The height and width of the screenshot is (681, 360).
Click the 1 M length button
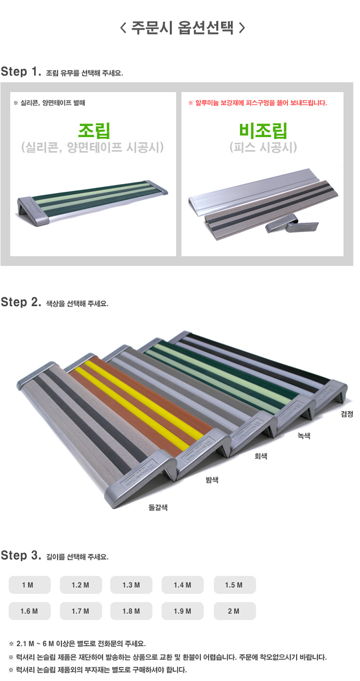pos(30,585)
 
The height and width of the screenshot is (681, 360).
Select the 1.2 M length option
pos(81,585)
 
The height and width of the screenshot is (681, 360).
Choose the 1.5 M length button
pos(235,585)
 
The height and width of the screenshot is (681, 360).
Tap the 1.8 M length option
pos(131,611)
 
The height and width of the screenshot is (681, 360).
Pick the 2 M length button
pos(235,611)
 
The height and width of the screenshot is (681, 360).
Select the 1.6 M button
pos(30,611)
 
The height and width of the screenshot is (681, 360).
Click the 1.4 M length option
pos(182,585)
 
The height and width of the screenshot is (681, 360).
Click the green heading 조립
pos(94,130)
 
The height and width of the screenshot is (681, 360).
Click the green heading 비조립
pos(263,130)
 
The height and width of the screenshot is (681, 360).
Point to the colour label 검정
pos(347,414)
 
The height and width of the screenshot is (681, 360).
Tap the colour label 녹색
pos(304,436)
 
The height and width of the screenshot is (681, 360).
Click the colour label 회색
pos(261,455)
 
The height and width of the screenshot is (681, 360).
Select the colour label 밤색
pos(212,480)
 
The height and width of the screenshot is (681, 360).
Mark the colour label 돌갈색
pos(158,507)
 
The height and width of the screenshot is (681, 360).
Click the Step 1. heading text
pos(21,72)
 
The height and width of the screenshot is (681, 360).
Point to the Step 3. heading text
pos(21,556)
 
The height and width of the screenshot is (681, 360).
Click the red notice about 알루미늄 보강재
pos(257,103)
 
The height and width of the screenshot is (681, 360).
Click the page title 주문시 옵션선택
pos(182,28)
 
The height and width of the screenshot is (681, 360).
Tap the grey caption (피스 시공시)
pos(263,147)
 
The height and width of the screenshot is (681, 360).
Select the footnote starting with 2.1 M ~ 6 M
pos(77,643)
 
